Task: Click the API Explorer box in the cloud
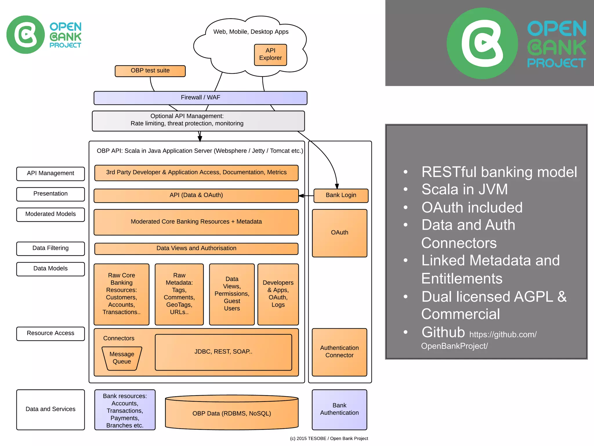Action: pyautogui.click(x=270, y=55)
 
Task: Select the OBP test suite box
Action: pyautogui.click(x=150, y=71)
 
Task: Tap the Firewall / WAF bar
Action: pyautogui.click(x=200, y=98)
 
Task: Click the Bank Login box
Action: pyautogui.click(x=341, y=195)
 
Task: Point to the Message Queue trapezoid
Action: pyautogui.click(x=122, y=358)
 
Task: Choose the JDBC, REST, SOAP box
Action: pyautogui.click(x=223, y=352)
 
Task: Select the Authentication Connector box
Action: pyautogui.click(x=339, y=352)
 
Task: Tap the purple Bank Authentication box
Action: pyautogui.click(x=339, y=409)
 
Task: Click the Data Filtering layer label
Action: pyautogui.click(x=50, y=249)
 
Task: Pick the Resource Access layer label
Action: pyautogui.click(x=50, y=333)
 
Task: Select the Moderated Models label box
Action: pyautogui.click(x=50, y=214)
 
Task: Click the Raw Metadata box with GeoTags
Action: pyautogui.click(x=179, y=294)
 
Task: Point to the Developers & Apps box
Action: pyautogui.click(x=278, y=294)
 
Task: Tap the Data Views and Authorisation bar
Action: pyautogui.click(x=196, y=249)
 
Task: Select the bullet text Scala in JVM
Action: pyautogui.click(x=464, y=189)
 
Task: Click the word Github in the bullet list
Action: pyautogui.click(x=443, y=332)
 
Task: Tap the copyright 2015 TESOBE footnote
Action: pyautogui.click(x=329, y=438)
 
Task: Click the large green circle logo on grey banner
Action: pyautogui.click(x=482, y=43)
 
